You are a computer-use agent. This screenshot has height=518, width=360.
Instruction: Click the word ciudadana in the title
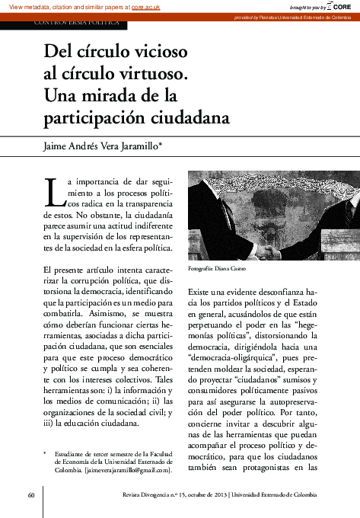[188, 119]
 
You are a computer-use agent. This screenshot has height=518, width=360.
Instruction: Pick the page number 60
[31, 495]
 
